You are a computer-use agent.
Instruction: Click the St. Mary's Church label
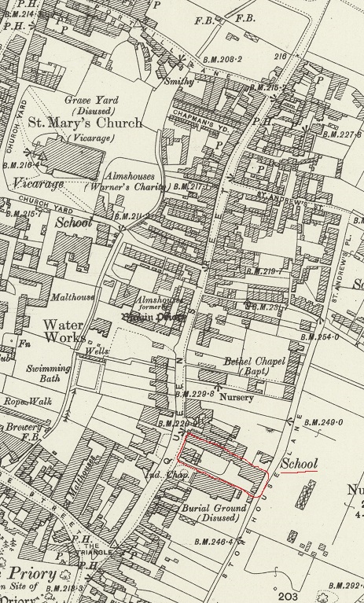tap(86, 123)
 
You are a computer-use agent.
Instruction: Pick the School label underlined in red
tap(299, 465)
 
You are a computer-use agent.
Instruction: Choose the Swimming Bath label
tap(47, 373)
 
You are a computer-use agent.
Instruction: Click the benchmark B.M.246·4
tap(214, 542)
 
